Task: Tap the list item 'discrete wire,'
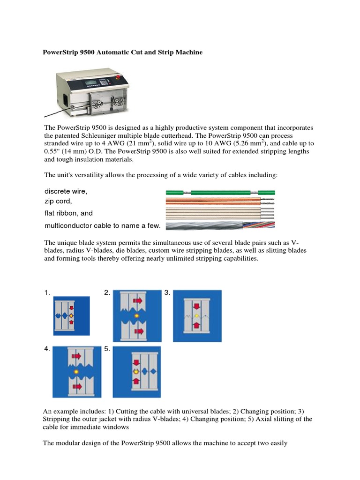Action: tap(66, 192)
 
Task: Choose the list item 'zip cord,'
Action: tap(58, 201)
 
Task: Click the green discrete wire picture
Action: tap(220, 193)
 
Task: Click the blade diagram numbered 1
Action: tap(71, 316)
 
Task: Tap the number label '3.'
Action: tap(167, 293)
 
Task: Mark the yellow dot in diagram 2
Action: tap(136, 316)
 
